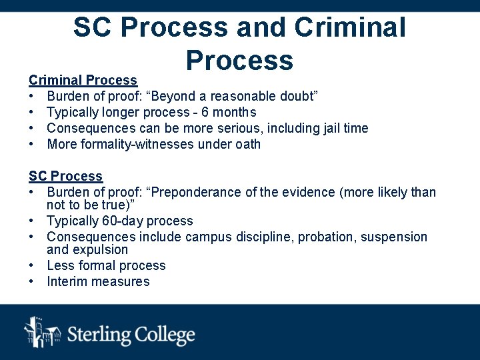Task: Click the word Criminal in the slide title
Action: [x=349, y=28]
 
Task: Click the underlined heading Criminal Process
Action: [x=83, y=80]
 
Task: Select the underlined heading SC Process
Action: [x=65, y=176]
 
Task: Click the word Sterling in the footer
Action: [x=100, y=333]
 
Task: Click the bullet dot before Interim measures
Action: [x=32, y=281]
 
